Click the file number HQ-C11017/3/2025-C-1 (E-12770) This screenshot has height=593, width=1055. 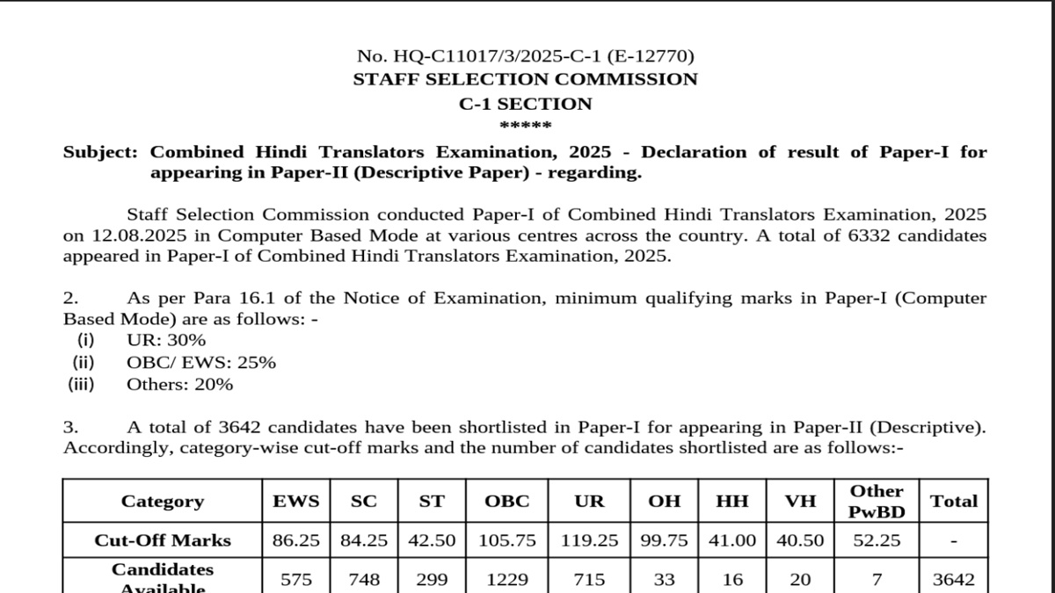pyautogui.click(x=525, y=56)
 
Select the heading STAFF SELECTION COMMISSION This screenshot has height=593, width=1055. pyautogui.click(x=525, y=80)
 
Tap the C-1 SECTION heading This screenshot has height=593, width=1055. pyautogui.click(x=525, y=104)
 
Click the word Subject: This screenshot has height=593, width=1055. pyautogui.click(x=100, y=152)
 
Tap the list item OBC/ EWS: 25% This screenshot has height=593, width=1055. pyautogui.click(x=201, y=363)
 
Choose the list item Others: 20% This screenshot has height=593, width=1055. pyautogui.click(x=180, y=385)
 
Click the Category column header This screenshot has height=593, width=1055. pyautogui.click(x=163, y=502)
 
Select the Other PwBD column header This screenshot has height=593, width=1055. pyautogui.click(x=877, y=502)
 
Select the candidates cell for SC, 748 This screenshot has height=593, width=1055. pyautogui.click(x=364, y=580)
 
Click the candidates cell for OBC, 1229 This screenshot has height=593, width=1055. pyautogui.click(x=507, y=580)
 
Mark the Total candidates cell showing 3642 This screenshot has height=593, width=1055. pyautogui.click(x=954, y=580)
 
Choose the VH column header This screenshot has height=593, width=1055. pyautogui.click(x=800, y=502)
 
